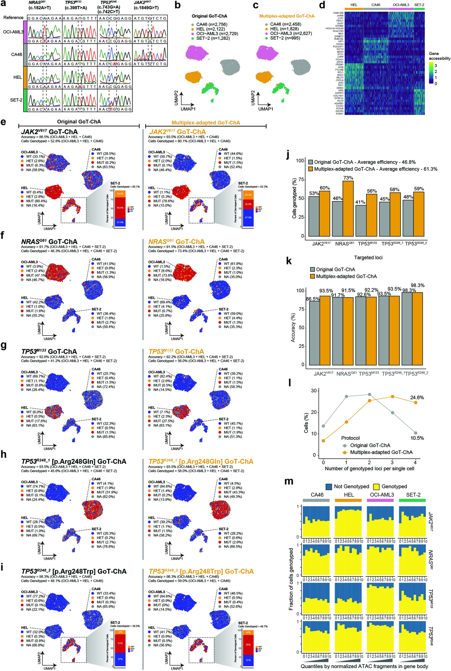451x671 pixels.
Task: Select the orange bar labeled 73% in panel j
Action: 348,208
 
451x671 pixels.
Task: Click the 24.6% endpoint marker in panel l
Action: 415,402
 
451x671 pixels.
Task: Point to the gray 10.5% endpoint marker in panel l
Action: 415,433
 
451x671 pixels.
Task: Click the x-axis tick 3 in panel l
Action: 392,462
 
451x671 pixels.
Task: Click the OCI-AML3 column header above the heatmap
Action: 401,5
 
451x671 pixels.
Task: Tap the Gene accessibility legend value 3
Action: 436,65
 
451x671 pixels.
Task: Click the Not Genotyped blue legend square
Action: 329,487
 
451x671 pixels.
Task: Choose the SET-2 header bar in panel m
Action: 412,500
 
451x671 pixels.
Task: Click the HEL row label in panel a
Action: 17,77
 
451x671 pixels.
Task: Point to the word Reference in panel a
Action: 13,18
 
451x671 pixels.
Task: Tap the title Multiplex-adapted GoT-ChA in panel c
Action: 287,16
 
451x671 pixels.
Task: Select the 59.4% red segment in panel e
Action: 120,208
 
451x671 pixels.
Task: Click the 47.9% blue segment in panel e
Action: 248,217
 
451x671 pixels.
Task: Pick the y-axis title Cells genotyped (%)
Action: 294,198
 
